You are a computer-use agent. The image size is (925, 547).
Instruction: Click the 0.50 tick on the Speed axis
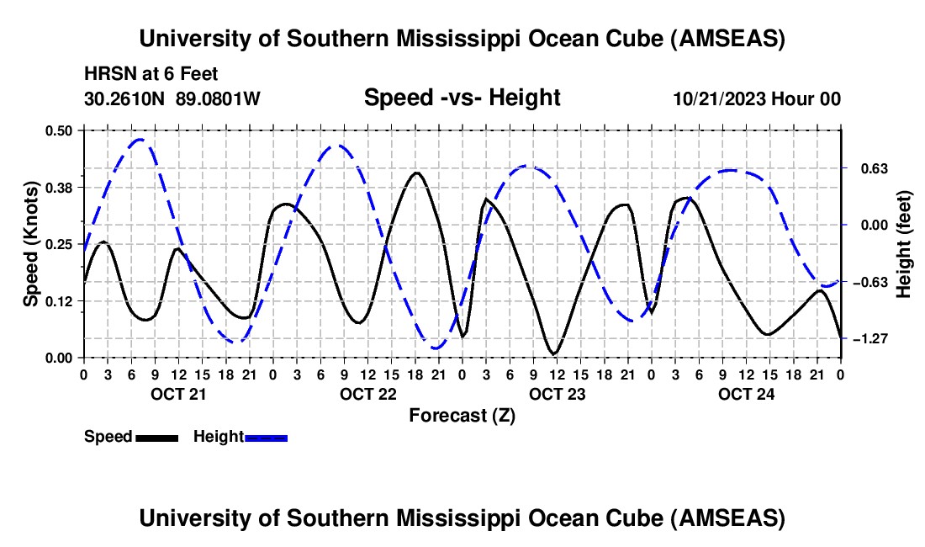tap(58, 130)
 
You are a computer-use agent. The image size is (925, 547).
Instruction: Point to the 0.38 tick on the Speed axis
tap(58, 188)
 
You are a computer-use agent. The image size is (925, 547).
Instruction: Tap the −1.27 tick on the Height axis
tap(870, 338)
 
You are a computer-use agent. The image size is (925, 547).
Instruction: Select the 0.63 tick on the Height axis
tap(875, 169)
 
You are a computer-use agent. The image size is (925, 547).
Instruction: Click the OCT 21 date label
tap(178, 394)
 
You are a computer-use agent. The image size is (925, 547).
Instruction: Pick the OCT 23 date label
tap(557, 394)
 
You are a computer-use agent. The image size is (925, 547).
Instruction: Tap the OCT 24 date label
tap(746, 394)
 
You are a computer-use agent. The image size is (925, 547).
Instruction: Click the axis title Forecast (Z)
tap(462, 416)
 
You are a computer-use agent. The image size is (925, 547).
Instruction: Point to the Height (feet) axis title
tap(904, 244)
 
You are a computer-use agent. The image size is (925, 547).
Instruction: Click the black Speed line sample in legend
tap(156, 438)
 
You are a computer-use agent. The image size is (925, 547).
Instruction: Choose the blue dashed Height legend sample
tap(266, 438)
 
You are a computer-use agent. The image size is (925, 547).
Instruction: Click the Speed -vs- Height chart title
tap(462, 98)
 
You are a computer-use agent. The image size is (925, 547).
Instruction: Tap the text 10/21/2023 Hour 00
tap(757, 98)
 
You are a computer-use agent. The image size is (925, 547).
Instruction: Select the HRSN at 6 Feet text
tap(151, 74)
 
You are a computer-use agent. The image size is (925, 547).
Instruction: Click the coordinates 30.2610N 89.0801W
tap(172, 98)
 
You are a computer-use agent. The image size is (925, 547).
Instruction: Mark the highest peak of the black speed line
tap(417, 173)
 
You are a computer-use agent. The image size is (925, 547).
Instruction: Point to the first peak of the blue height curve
tap(140, 140)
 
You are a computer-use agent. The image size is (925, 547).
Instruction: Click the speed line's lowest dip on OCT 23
tap(554, 353)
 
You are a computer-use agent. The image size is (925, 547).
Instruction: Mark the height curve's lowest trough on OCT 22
tap(436, 348)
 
